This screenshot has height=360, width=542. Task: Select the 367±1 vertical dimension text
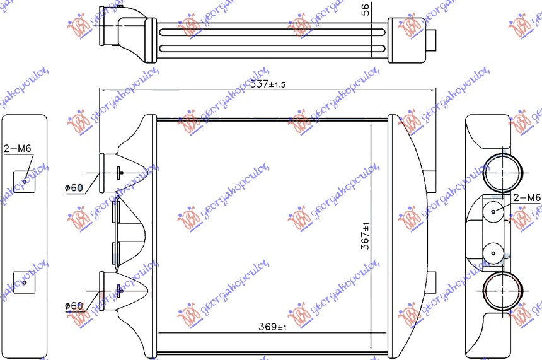pyautogui.click(x=365, y=237)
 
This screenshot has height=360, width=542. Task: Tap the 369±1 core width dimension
pyautogui.click(x=272, y=327)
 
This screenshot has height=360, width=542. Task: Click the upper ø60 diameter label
pyautogui.click(x=74, y=188)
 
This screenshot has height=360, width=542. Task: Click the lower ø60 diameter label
pyautogui.click(x=74, y=306)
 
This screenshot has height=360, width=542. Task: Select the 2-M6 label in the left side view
pyautogui.click(x=16, y=149)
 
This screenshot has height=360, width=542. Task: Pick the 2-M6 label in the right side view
pyautogui.click(x=527, y=198)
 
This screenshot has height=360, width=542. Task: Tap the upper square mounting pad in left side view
pyautogui.click(x=24, y=181)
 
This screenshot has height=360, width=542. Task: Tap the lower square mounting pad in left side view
pyautogui.click(x=24, y=282)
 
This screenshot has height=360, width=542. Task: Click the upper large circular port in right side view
pyautogui.click(x=503, y=171)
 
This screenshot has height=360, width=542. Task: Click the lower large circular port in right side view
pyautogui.click(x=503, y=291)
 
